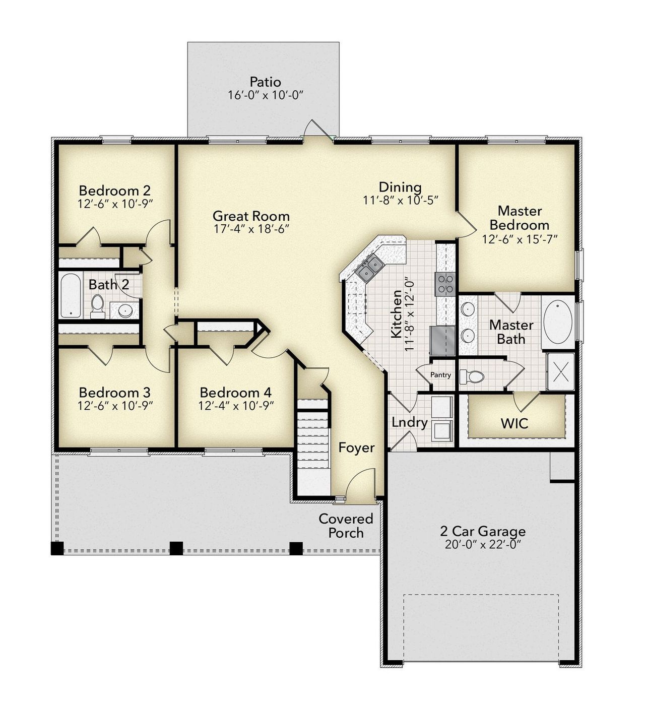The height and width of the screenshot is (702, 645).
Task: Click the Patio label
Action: click(265, 82)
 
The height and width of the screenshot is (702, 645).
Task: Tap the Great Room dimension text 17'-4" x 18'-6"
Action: click(251, 229)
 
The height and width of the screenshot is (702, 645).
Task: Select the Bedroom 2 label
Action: click(114, 190)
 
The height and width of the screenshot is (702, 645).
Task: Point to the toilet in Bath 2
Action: click(97, 305)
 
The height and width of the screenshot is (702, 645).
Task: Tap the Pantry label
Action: click(440, 375)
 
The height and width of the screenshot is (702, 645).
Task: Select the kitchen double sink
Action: click(369, 267)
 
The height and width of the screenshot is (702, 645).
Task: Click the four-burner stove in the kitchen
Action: click(445, 284)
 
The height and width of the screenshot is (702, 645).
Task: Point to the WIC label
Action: click(514, 423)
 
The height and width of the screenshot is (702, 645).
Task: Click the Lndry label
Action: click(409, 422)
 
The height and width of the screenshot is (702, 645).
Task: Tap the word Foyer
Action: click(356, 448)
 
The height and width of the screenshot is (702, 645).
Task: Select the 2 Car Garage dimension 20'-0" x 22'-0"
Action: click(482, 545)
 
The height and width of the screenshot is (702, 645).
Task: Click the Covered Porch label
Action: click(346, 526)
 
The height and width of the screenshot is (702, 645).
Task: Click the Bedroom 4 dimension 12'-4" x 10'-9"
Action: click(236, 406)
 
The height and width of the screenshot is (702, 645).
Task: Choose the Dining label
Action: click(400, 187)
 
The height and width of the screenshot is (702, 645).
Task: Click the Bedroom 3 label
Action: click(114, 392)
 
